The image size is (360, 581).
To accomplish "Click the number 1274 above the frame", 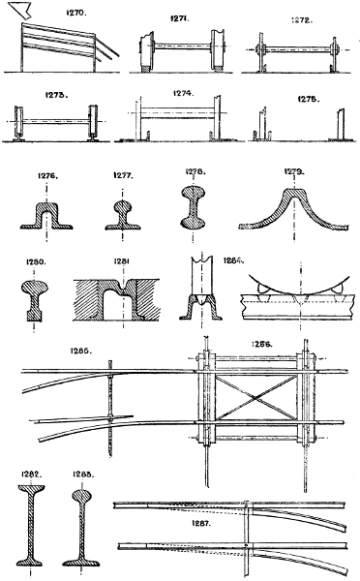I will [184, 95].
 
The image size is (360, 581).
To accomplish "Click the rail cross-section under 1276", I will [48, 210].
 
